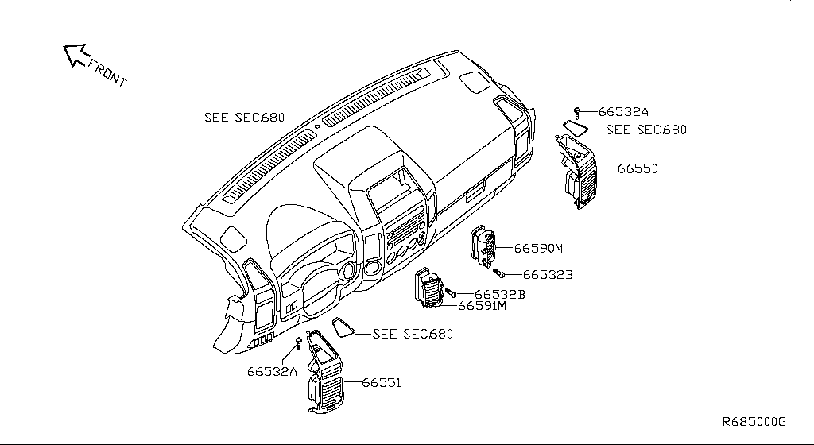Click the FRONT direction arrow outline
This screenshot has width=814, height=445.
(76, 55)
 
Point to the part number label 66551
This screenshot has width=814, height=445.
(382, 383)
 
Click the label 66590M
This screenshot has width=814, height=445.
(537, 248)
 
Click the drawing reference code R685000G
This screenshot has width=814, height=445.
(754, 421)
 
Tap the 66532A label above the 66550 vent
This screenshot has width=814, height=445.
(623, 113)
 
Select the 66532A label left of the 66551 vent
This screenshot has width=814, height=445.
(271, 371)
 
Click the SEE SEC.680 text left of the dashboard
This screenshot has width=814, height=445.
(244, 117)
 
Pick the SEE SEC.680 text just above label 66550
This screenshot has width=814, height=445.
(645, 130)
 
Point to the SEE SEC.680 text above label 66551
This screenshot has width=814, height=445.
(413, 334)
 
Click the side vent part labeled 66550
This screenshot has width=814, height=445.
(577, 173)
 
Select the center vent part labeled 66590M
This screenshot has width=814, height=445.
(483, 247)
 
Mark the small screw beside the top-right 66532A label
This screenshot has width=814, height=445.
(578, 112)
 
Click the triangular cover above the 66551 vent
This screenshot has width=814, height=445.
(343, 327)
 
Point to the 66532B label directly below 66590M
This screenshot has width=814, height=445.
(548, 275)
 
